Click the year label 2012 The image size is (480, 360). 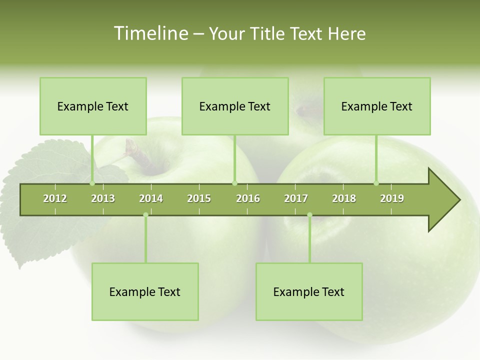coord(55,198)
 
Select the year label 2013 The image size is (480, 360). coord(103,198)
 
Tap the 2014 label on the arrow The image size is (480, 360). coord(151,198)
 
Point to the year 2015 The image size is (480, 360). coord(199,198)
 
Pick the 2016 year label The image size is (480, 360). coord(248,198)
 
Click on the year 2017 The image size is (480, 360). coord(296,198)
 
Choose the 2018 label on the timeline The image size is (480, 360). coord(344,198)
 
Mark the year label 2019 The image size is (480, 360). coord(392,198)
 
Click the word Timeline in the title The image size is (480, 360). coord(150,33)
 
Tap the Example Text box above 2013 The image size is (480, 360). coord(93,106)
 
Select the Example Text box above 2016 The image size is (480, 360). coord(235,106)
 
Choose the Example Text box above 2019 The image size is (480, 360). coord(377,106)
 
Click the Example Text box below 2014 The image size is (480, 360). coord(145,291)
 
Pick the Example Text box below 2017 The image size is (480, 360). coord(309,291)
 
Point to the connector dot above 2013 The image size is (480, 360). coord(92,183)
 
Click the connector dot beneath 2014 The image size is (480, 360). coord(145,214)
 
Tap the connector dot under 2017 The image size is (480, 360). coord(309,214)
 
